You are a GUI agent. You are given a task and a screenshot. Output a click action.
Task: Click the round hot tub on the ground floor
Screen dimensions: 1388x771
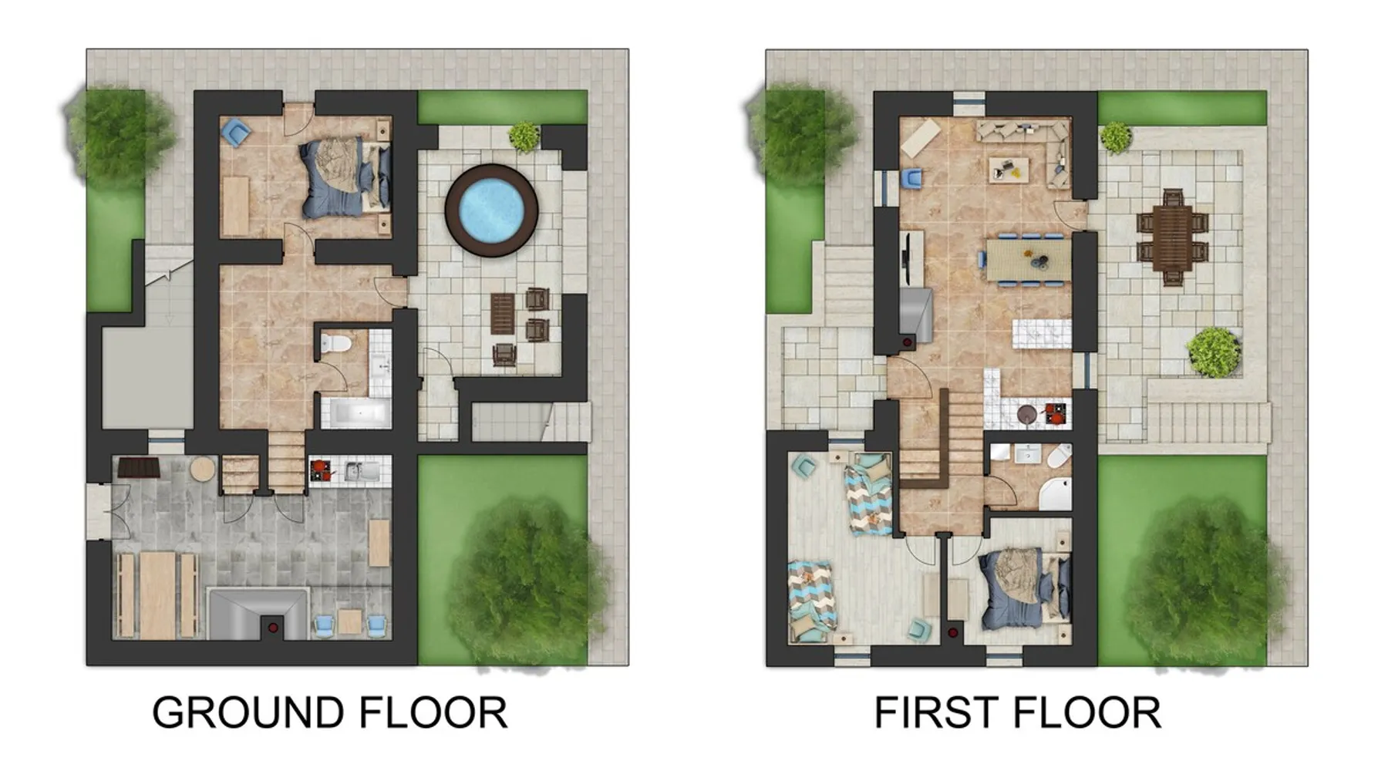coord(491,210)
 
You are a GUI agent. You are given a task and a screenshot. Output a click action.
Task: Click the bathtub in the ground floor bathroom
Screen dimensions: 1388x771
coord(355,412)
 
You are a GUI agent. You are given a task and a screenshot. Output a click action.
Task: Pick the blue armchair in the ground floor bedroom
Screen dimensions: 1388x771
coord(235,133)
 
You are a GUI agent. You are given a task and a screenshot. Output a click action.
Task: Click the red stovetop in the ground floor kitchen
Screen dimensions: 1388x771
coord(321,469)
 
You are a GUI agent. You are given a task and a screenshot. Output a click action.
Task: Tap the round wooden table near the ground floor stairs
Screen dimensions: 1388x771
coord(203,470)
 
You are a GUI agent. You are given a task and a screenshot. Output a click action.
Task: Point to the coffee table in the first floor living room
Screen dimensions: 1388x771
coord(1009,169)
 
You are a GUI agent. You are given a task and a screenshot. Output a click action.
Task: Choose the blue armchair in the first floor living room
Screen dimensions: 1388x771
coord(911,179)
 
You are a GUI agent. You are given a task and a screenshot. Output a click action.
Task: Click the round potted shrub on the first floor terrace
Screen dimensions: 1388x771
coord(1214,352)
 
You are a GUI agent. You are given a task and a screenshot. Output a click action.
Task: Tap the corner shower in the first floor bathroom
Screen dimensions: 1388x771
coord(1054,494)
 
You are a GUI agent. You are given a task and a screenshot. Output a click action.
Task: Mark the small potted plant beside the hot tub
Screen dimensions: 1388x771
coord(524,136)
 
